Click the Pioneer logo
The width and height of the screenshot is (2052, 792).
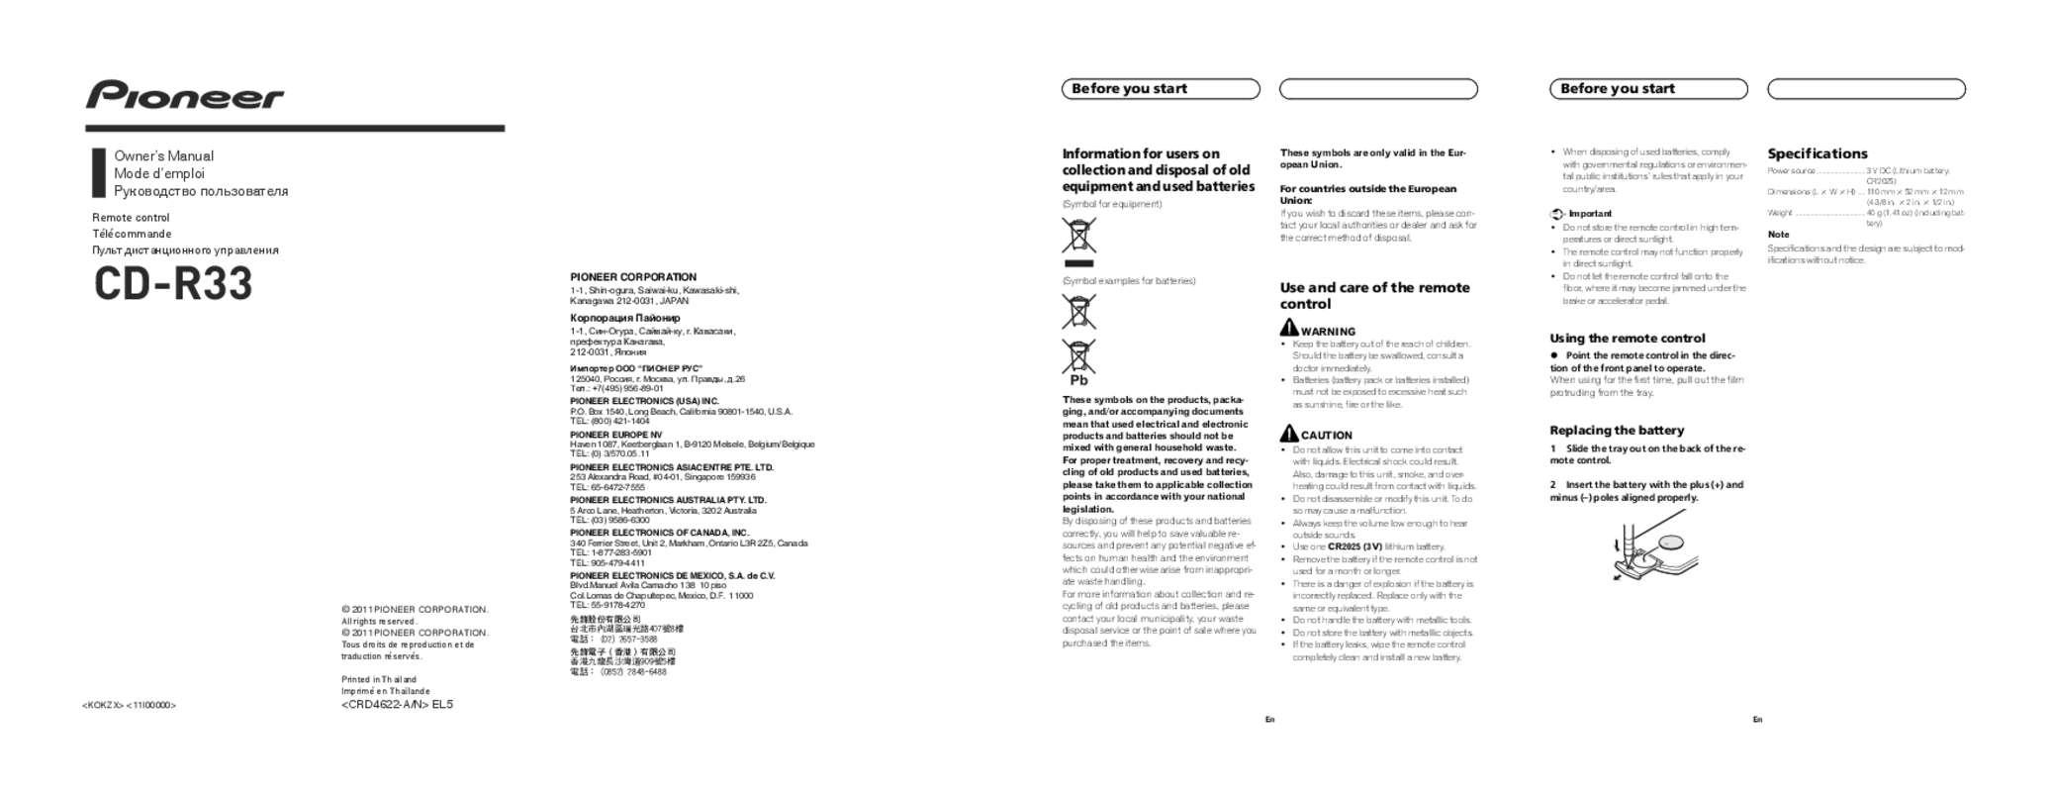184,95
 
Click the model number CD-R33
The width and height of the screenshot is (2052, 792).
173,284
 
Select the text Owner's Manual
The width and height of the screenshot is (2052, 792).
163,156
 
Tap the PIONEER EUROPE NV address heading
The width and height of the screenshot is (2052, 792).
615,435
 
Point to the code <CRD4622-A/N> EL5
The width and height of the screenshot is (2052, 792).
397,705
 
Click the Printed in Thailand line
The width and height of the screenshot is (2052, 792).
379,680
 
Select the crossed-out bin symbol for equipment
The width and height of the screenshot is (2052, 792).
1078,237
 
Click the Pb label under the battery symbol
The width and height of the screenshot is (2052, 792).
1078,380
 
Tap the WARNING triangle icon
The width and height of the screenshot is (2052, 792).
1289,328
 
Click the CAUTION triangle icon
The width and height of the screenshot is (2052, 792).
1289,434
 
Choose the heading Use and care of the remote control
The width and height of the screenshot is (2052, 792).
1374,295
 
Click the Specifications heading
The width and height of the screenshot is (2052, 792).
1818,153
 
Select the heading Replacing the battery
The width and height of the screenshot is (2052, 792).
1617,431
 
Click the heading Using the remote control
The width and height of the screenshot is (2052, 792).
1627,339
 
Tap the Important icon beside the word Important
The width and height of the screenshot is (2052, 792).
1556,214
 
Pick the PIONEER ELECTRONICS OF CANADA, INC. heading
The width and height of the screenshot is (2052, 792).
659,533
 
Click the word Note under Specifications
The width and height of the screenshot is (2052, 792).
1778,235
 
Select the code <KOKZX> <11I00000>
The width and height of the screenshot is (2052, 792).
129,705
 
